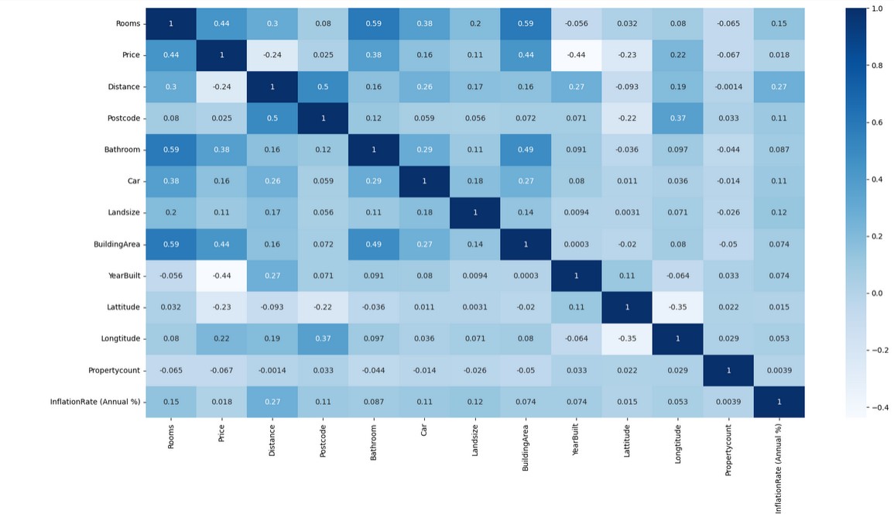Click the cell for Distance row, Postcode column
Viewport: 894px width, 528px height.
pyautogui.click(x=323, y=87)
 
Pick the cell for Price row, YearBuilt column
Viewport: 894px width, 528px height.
pyautogui.click(x=577, y=55)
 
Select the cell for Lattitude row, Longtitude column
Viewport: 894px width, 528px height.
pyautogui.click(x=678, y=307)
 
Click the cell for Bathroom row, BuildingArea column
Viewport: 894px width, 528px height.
pyautogui.click(x=526, y=149)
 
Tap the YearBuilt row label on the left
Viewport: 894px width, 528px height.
pyautogui.click(x=123, y=276)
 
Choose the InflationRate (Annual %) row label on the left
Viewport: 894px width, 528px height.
pyautogui.click(x=95, y=402)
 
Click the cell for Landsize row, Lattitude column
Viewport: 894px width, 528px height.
pyautogui.click(x=627, y=213)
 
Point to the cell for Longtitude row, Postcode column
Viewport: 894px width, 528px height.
pyautogui.click(x=323, y=339)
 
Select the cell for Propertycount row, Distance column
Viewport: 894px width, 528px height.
pyautogui.click(x=272, y=370)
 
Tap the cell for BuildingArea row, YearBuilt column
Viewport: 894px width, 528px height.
pyautogui.click(x=577, y=245)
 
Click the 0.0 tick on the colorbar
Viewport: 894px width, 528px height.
pyautogui.click(x=876, y=293)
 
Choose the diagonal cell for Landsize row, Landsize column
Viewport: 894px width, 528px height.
pyautogui.click(x=475, y=213)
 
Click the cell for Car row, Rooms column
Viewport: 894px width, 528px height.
pyautogui.click(x=171, y=181)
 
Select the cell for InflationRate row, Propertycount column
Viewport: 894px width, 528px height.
pyautogui.click(x=728, y=402)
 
